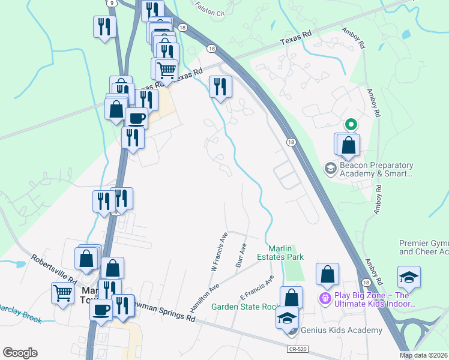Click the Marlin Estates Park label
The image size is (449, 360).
286,252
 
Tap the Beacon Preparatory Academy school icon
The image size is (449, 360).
330,169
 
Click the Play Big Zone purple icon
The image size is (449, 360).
325,297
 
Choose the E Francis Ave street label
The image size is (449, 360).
257,288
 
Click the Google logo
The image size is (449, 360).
20,353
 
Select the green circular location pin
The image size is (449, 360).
351,125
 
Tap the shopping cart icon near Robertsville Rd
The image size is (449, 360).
63,293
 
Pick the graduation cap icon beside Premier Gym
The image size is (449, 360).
408,277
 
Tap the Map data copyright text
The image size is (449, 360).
423,355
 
